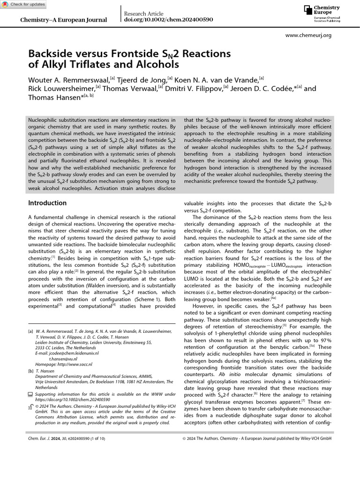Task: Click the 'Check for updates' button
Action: click(24, 4)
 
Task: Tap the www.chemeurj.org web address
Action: click(308, 35)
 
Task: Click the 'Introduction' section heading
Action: click(47, 203)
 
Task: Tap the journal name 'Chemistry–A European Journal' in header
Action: click(64, 20)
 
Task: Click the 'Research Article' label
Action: click(143, 14)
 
